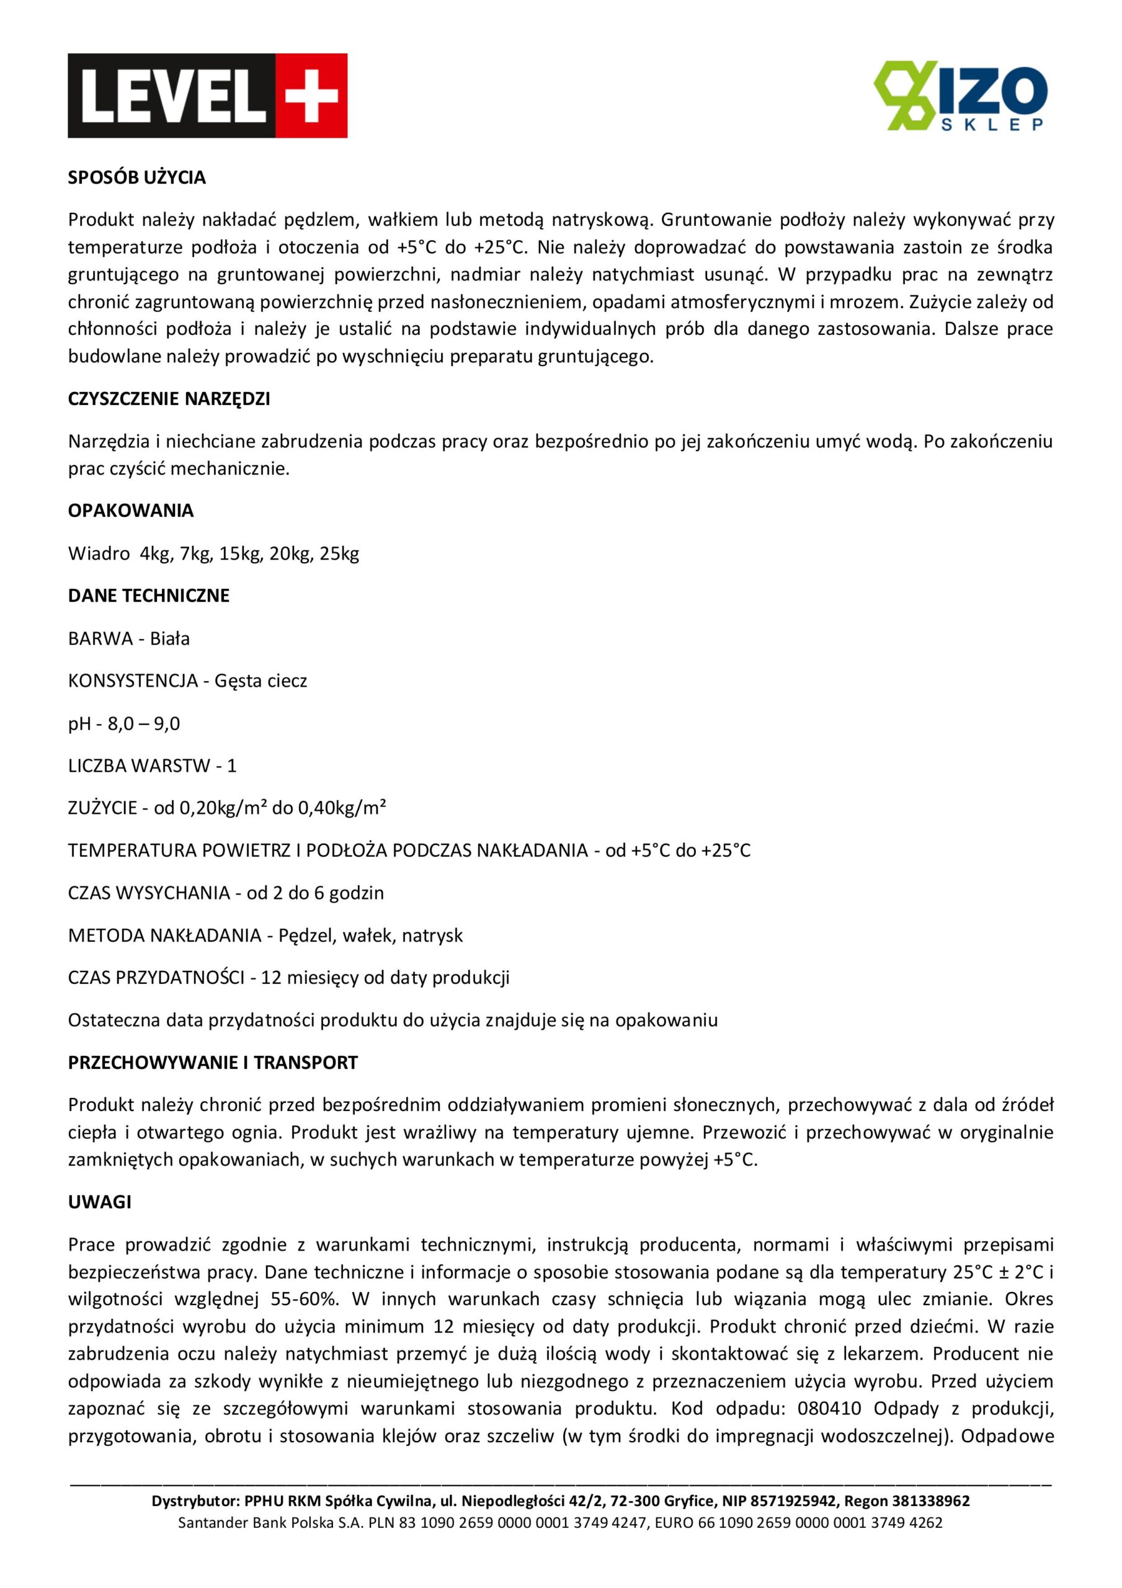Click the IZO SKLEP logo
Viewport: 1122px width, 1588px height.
click(960, 96)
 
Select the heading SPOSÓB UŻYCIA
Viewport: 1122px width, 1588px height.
click(137, 178)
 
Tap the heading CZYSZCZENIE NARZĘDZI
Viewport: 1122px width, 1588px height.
click(169, 399)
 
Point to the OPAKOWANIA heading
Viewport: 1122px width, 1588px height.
click(131, 511)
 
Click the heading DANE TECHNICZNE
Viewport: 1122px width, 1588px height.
click(149, 595)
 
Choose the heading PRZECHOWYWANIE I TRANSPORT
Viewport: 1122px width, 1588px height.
click(212, 1063)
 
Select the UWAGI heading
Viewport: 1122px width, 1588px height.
click(100, 1202)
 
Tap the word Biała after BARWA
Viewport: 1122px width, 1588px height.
click(169, 638)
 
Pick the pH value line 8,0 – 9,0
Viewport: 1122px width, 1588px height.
click(143, 723)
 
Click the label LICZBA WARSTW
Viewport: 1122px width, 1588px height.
click(139, 766)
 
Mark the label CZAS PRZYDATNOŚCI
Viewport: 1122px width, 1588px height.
click(156, 978)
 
